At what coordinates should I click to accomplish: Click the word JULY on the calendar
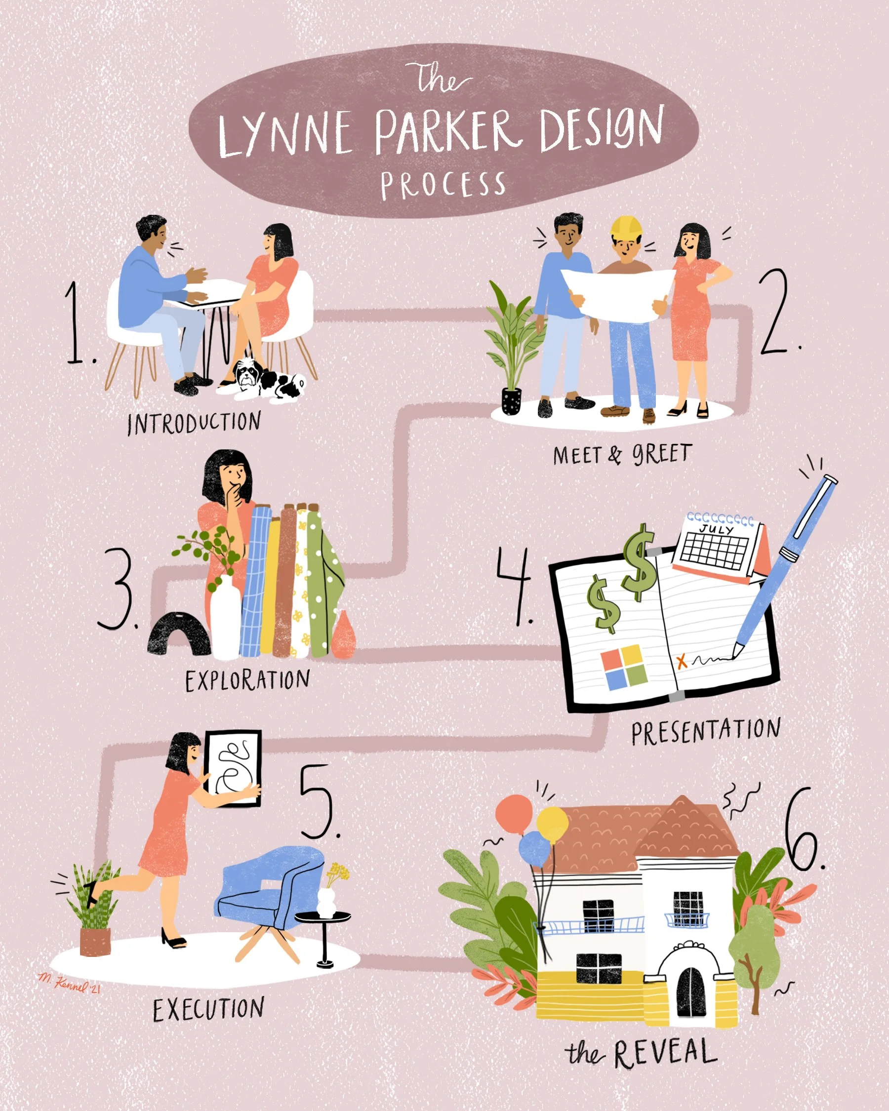click(x=717, y=529)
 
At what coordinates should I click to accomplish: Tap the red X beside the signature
click(x=682, y=662)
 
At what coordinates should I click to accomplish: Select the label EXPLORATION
click(x=247, y=681)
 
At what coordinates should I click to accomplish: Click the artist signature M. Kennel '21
click(x=70, y=982)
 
